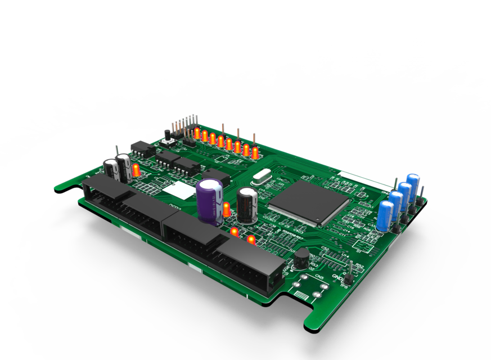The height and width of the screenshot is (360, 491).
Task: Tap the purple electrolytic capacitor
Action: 209,200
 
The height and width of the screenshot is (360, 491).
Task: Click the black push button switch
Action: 167,134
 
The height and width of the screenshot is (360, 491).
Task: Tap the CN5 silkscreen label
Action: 319,277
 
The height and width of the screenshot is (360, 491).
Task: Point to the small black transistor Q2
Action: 302,258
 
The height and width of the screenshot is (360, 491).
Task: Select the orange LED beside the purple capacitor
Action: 226,209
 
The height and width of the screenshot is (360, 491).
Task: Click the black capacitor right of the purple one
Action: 247,205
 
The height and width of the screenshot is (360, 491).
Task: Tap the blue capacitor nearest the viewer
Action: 386,215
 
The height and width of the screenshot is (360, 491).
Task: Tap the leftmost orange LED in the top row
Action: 197,133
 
